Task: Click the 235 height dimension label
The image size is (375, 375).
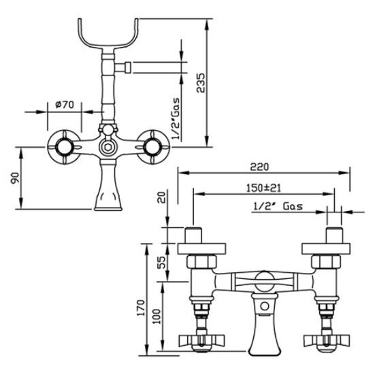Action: click(200, 82)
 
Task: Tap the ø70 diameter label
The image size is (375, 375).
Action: click(65, 105)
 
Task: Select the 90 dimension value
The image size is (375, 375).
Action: click(15, 178)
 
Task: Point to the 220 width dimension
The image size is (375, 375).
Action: click(259, 167)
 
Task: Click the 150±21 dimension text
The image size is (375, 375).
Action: click(263, 188)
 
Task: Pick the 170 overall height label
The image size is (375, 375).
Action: click(141, 308)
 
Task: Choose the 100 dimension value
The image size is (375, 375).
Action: click(157, 316)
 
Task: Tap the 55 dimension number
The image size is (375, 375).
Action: click(162, 262)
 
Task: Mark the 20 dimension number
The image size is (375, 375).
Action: click(163, 197)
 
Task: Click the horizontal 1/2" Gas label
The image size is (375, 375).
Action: click(278, 206)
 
